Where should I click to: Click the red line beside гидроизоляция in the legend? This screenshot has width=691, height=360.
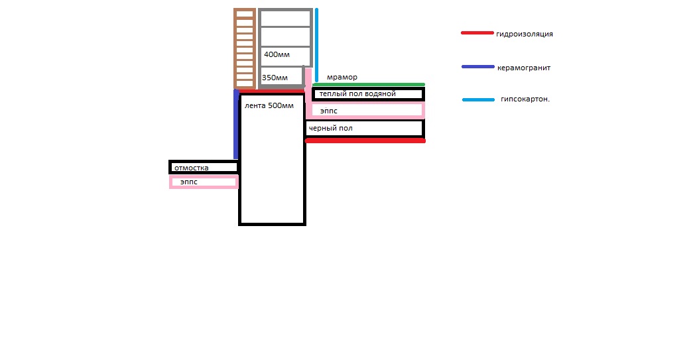click(477, 33)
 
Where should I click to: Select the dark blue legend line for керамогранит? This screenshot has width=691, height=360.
click(478, 67)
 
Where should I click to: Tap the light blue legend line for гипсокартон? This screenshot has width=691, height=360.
click(479, 99)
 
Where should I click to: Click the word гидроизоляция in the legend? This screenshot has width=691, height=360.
click(525, 34)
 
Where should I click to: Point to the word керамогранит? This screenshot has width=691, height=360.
click(524, 68)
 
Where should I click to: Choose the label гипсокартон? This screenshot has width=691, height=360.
click(525, 99)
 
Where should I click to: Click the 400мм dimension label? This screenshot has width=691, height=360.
click(277, 54)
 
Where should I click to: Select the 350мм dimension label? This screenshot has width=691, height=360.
click(275, 78)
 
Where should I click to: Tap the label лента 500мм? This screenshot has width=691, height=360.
click(269, 106)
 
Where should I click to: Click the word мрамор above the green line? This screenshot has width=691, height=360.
click(342, 78)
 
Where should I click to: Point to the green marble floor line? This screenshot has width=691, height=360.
click(369, 85)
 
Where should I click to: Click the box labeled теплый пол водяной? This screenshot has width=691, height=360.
click(368, 94)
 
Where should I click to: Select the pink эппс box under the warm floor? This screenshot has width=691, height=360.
click(365, 111)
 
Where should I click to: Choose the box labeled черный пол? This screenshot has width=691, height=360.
click(365, 128)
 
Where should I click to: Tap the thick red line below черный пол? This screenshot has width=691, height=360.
click(365, 141)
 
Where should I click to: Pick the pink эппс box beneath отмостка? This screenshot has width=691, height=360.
click(204, 182)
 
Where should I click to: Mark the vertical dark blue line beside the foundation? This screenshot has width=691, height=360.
click(236, 124)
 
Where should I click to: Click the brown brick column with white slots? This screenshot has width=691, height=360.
click(245, 48)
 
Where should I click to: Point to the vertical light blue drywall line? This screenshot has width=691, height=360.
click(316, 45)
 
